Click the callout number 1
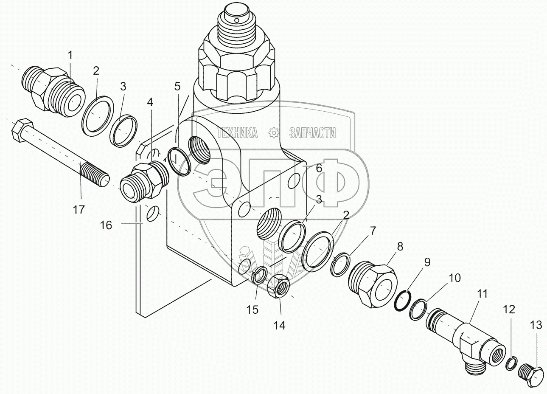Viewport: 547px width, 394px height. pos(70,55)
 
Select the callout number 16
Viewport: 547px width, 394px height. pos(106,225)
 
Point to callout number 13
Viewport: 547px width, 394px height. pos(536,325)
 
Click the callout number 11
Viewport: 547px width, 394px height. pos(482,294)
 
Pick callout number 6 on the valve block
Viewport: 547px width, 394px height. pos(319,168)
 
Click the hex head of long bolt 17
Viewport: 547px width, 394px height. pos(20,129)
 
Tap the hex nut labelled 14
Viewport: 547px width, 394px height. pos(279,288)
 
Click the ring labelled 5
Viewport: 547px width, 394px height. pos(179,162)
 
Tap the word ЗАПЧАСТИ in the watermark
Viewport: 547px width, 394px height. pos(312,133)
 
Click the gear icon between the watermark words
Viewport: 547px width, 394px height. pos(274,133)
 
